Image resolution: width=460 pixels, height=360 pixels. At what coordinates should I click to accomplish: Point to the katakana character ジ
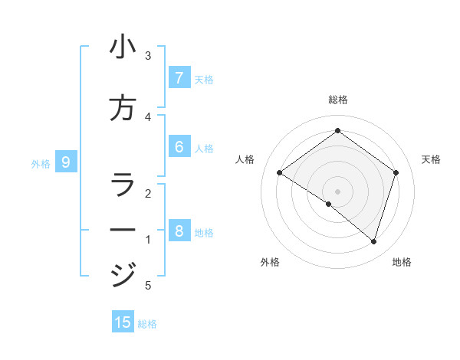pos(123,273)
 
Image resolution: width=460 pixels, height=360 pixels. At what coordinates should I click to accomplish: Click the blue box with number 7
pos(179,77)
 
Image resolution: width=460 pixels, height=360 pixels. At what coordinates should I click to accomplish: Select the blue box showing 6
pos(179,147)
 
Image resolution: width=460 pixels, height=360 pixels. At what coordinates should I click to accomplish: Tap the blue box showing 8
pos(179,231)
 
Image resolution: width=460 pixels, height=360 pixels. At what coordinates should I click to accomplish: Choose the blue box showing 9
pos(66,162)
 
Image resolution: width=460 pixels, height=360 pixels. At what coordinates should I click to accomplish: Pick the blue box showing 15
pos(123,322)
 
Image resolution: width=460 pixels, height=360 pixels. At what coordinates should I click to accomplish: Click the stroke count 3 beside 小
pos(148,56)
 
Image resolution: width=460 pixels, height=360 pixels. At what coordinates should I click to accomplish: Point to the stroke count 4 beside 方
pos(148,116)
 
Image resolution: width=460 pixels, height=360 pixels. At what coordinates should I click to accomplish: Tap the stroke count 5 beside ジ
pos(148,286)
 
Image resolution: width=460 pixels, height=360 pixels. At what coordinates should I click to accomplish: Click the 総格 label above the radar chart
pos(337,100)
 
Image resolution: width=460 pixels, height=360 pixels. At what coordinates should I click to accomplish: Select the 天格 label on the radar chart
pos(431,159)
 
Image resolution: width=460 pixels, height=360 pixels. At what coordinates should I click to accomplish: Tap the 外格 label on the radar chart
pos(270,262)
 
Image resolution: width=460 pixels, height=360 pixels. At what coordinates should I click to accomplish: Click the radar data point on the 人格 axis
pos(280,173)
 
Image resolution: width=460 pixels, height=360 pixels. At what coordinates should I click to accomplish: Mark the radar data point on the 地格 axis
pos(373,241)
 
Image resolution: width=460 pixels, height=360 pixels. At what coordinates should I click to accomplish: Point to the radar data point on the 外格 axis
pos(329,204)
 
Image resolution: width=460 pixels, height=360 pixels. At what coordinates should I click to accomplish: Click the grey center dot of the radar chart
pos(337,191)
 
